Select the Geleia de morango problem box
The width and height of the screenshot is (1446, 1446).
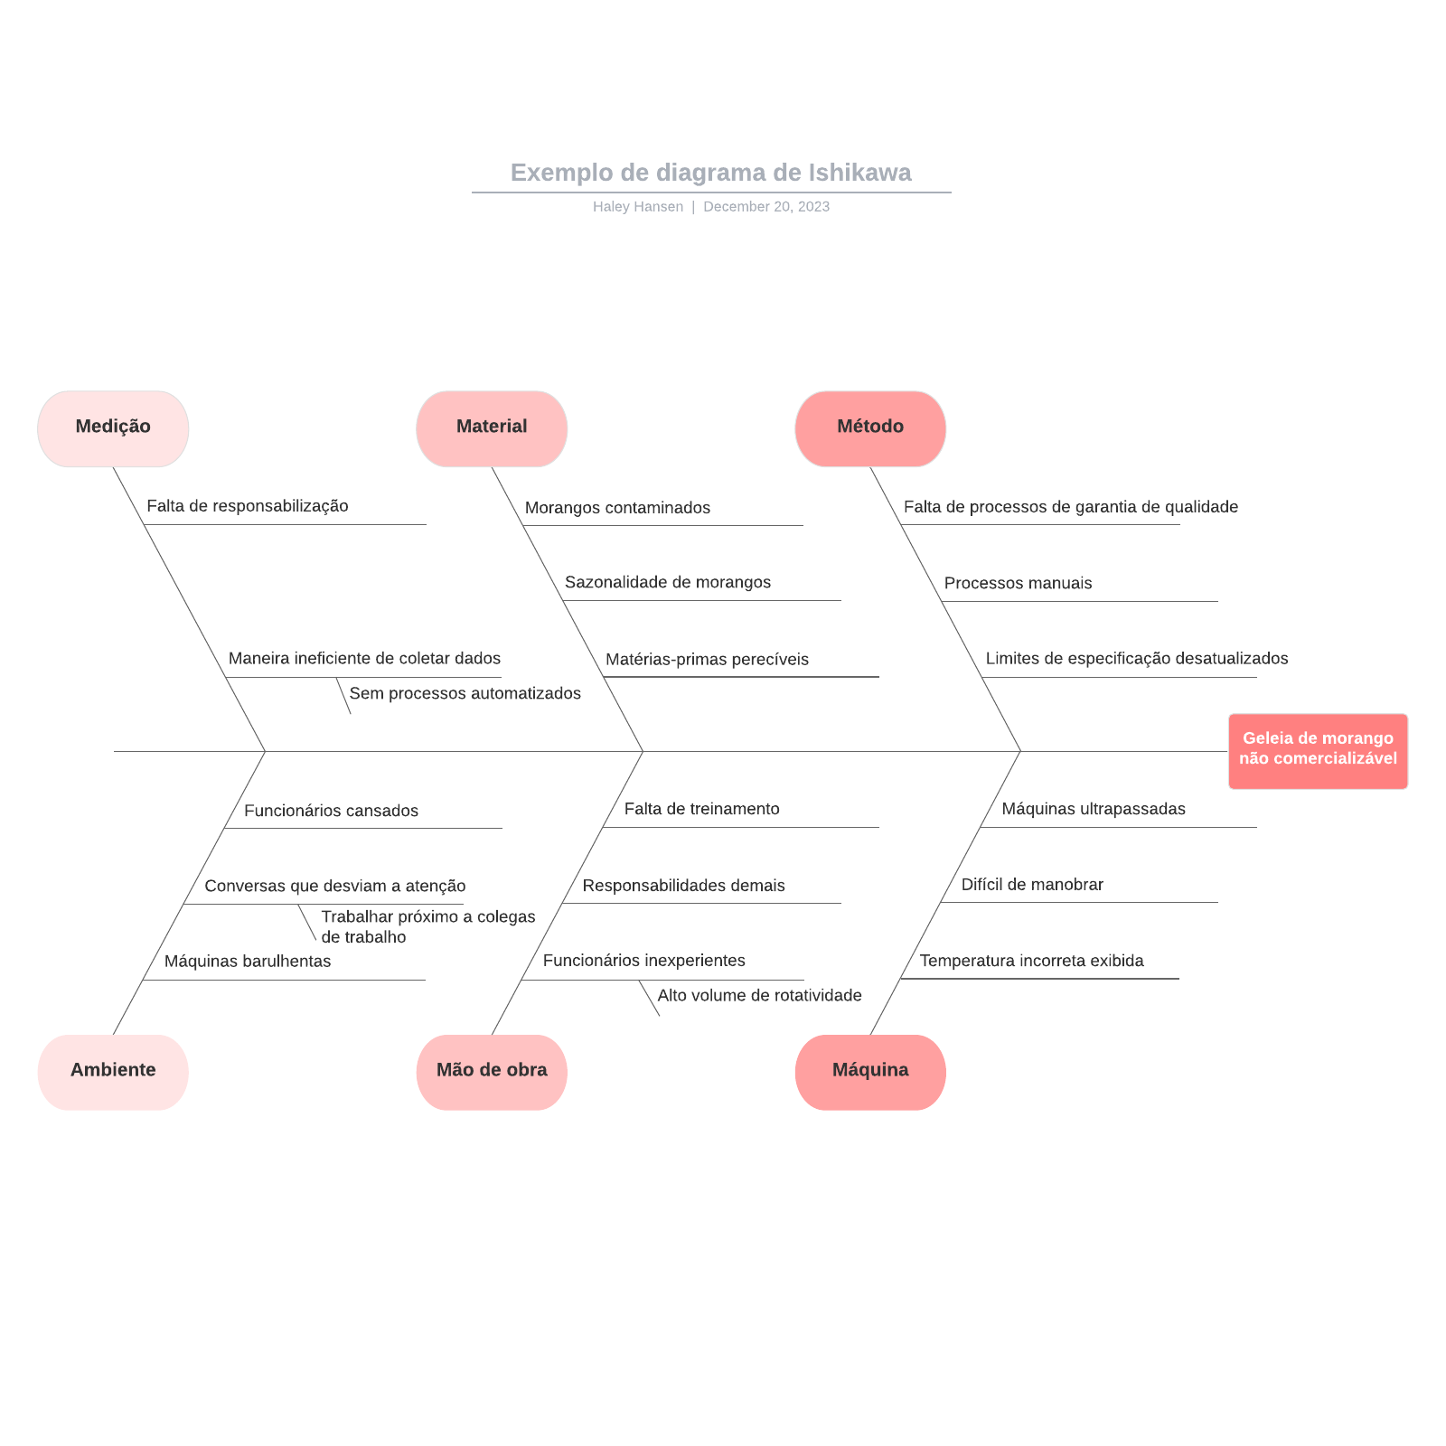pos(1318,750)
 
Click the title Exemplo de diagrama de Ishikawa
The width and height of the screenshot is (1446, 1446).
pos(710,173)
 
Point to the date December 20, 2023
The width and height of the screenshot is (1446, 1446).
pos(766,207)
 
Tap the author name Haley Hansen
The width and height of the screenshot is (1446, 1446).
pos(637,207)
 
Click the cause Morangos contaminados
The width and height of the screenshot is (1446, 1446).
pos(617,508)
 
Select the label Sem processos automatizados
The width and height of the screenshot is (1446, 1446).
pos(465,693)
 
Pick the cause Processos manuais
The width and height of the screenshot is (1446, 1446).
pos(1018,583)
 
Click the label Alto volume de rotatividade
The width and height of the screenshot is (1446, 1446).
pos(759,995)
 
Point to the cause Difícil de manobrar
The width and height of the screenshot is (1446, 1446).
pos(1032,885)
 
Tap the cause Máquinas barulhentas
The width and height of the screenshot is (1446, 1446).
pos(248,961)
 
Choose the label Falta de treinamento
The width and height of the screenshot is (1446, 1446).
pos(701,809)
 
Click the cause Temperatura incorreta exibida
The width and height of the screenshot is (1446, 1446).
pos(1031,961)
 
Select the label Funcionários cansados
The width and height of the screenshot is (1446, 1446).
pos(331,811)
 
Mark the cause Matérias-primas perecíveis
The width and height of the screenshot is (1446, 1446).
pos(707,660)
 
